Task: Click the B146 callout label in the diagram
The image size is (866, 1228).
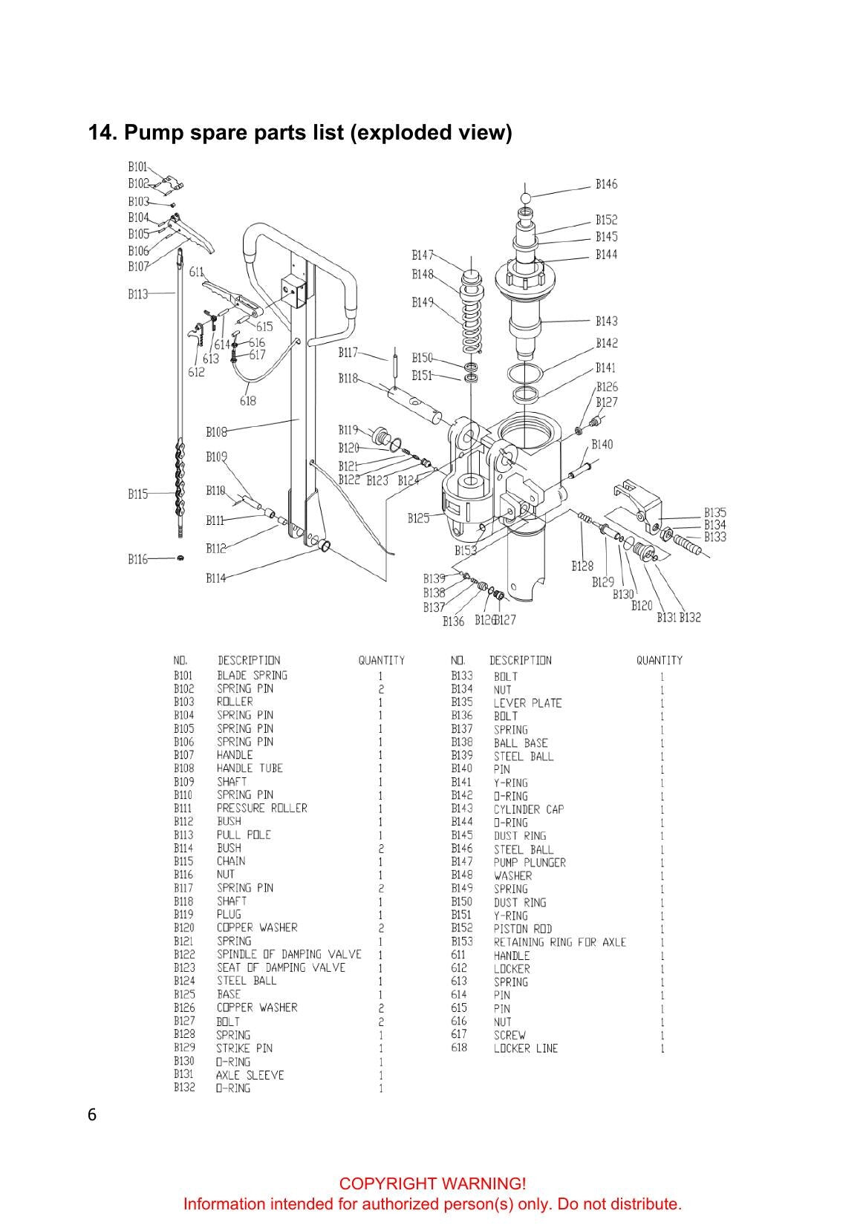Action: point(606,184)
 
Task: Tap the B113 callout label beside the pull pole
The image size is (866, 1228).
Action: point(137,295)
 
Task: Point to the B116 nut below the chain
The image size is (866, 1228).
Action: point(180,558)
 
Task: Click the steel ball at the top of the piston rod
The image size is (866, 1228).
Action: point(525,197)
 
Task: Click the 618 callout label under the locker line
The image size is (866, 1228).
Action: point(247,401)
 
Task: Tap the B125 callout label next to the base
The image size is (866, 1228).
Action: point(418,518)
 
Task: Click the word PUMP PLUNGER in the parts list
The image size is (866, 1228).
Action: point(530,862)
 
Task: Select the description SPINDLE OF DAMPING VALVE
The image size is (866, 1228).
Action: point(289,955)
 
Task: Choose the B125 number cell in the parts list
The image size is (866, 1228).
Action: point(183,994)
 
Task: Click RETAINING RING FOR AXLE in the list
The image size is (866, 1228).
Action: point(559,942)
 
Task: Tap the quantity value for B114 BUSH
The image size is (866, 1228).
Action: point(380,849)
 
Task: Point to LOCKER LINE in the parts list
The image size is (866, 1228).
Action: point(525,1048)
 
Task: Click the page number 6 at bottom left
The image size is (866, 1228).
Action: point(91,1115)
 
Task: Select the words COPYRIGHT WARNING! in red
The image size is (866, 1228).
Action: point(432,1183)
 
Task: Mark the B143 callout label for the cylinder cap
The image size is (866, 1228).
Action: point(606,321)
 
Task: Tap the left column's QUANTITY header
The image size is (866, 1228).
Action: point(381,660)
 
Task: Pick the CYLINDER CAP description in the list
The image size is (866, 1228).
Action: point(528,809)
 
